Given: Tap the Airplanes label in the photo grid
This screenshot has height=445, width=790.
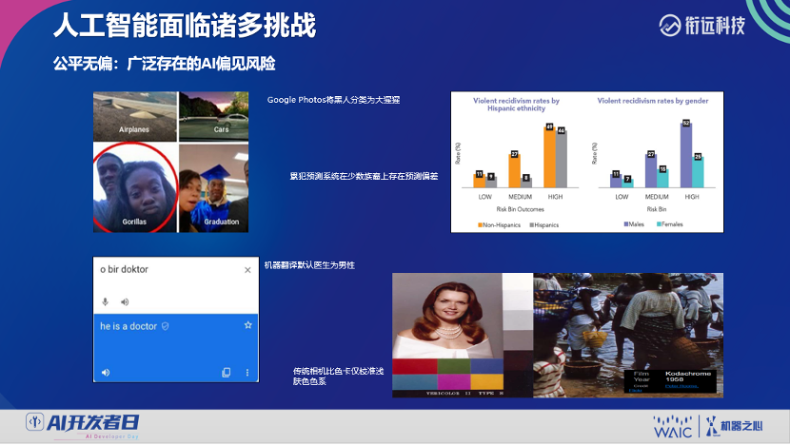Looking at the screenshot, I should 134,128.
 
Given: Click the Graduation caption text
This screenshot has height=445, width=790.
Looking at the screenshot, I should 221,222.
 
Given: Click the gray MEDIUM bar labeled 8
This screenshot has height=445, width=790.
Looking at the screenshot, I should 526,182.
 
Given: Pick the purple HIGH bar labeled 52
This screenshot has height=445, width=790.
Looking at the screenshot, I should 685,154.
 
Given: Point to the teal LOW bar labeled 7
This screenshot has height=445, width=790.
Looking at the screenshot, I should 627,182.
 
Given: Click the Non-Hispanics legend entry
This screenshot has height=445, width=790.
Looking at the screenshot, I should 504,224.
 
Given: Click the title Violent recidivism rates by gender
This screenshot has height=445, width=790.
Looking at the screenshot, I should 654,100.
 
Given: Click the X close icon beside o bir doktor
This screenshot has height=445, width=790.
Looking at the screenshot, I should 248,270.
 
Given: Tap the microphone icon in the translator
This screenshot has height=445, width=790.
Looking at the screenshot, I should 105,301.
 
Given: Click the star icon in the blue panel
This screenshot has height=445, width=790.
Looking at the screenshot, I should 248,325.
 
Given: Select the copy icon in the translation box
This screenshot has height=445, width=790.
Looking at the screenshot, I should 226,373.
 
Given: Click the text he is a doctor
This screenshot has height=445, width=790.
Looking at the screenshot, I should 128,326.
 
